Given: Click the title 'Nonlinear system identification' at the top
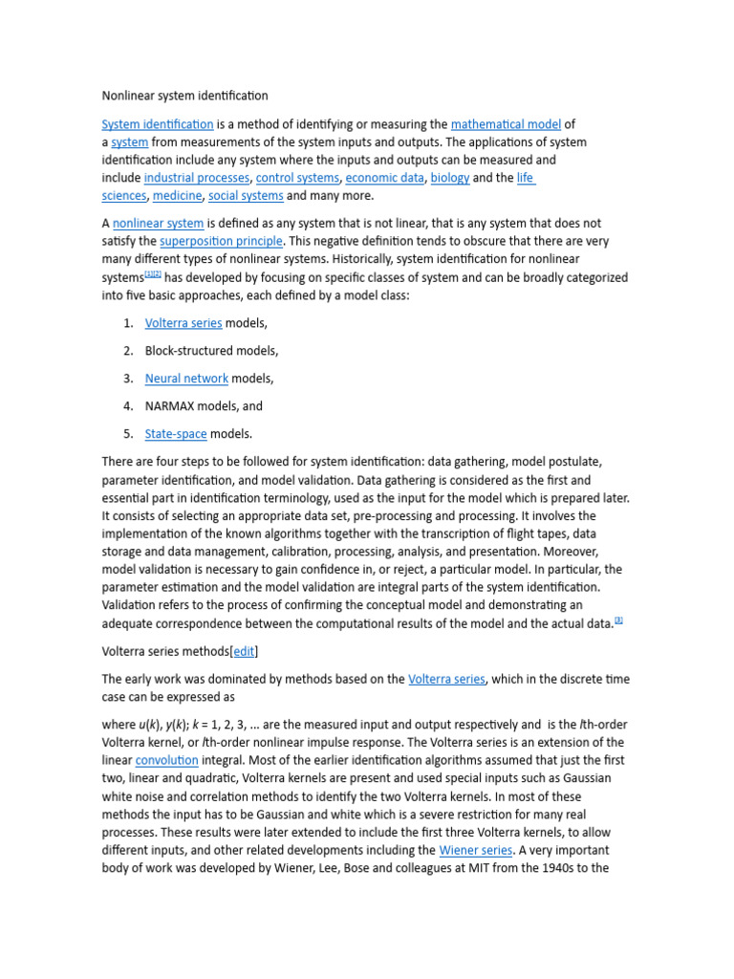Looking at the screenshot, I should pyautogui.click(x=184, y=96).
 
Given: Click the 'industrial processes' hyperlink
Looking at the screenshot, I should pyautogui.click(x=197, y=178).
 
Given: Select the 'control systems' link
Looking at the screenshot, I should pyautogui.click(x=297, y=178).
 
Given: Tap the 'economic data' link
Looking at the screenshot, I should pyautogui.click(x=384, y=178).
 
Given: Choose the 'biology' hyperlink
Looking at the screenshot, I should pyautogui.click(x=449, y=178).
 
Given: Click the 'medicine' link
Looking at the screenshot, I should pyautogui.click(x=177, y=196).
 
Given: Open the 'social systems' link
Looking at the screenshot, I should pyautogui.click(x=246, y=196).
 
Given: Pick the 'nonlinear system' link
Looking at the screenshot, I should pyautogui.click(x=158, y=224).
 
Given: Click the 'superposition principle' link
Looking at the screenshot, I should pyautogui.click(x=221, y=242).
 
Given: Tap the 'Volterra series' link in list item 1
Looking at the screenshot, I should pyautogui.click(x=183, y=323).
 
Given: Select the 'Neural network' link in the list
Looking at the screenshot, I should pyautogui.click(x=186, y=379).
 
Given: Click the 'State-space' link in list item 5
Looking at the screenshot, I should pyautogui.click(x=176, y=434).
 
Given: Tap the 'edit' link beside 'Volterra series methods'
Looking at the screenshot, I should pyautogui.click(x=244, y=652).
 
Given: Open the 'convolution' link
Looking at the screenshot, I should pyautogui.click(x=166, y=761).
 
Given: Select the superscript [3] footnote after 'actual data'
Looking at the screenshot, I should pyautogui.click(x=618, y=620).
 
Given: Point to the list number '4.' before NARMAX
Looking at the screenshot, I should pyautogui.click(x=128, y=406).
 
